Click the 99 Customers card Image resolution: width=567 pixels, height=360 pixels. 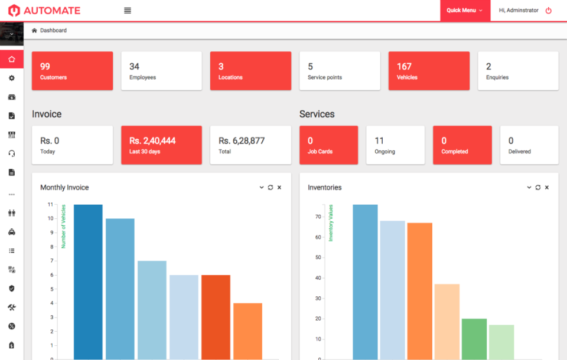72,71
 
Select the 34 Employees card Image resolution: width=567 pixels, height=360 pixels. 161,71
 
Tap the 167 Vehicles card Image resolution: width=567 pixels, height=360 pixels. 429,71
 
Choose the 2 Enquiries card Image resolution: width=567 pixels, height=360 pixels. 518,71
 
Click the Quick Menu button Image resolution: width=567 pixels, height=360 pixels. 465,11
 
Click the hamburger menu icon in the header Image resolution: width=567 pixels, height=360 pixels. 128,11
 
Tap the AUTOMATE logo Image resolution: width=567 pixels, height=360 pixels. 44,11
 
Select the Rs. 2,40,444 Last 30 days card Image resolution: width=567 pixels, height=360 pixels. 161,145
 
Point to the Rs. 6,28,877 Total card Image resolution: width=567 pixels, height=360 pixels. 250,145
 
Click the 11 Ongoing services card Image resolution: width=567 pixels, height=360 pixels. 395,145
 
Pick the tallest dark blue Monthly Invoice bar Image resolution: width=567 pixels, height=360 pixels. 88,282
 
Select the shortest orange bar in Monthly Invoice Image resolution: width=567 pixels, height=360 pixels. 247,330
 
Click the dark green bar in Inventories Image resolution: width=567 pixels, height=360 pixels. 474,339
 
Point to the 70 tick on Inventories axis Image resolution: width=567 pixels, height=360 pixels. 318,217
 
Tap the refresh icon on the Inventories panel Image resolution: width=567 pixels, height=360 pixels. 538,188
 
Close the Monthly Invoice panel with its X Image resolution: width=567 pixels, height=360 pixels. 279,188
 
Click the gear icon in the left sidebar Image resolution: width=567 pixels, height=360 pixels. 11,78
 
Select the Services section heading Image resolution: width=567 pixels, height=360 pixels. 317,114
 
